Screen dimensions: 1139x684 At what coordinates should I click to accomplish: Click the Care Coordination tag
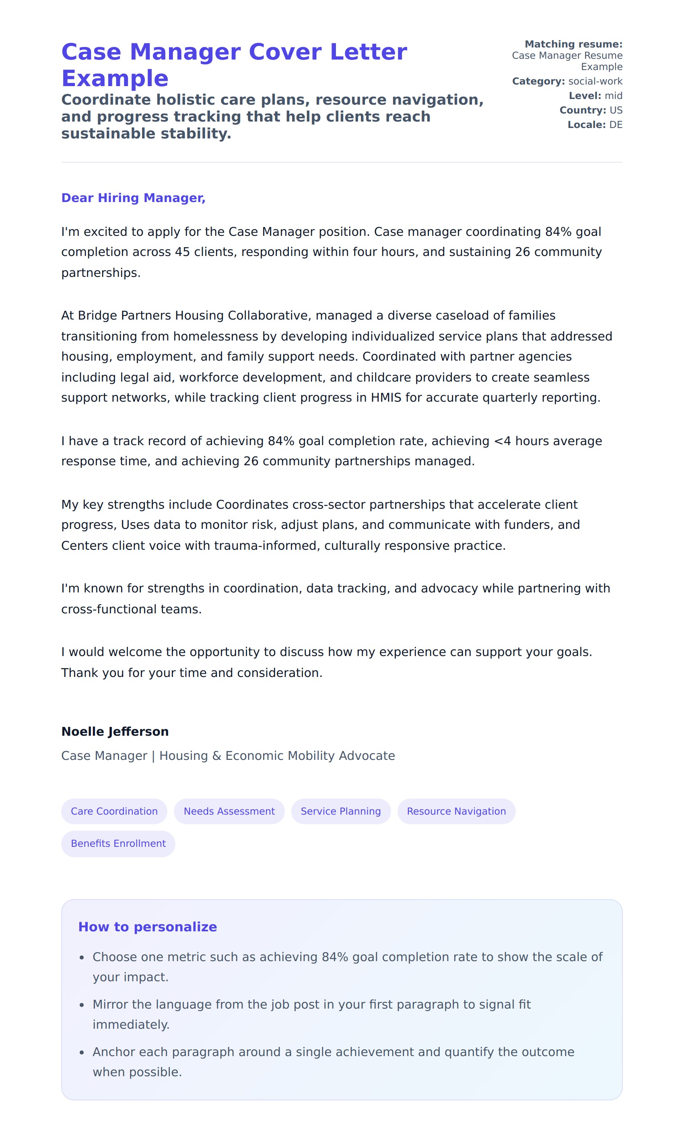[114, 811]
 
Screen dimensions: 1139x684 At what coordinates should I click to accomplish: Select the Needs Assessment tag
[229, 811]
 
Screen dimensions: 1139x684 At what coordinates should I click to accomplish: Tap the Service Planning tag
[341, 811]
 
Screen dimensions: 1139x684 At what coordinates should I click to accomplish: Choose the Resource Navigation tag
[456, 811]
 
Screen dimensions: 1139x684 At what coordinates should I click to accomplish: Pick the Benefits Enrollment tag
[118, 843]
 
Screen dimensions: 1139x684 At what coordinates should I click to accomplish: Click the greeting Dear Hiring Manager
[133, 198]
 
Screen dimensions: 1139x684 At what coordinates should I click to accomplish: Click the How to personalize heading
[148, 926]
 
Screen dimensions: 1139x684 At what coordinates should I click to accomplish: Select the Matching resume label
[573, 44]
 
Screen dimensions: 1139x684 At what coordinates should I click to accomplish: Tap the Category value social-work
[595, 81]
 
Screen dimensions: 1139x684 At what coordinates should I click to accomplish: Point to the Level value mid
[614, 95]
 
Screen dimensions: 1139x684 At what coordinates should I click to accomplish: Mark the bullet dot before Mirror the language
[82, 1005]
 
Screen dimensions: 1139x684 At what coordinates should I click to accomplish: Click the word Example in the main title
[115, 78]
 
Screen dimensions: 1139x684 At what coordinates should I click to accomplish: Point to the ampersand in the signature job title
[216, 755]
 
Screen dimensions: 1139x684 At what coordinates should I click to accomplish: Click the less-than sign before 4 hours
[498, 441]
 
